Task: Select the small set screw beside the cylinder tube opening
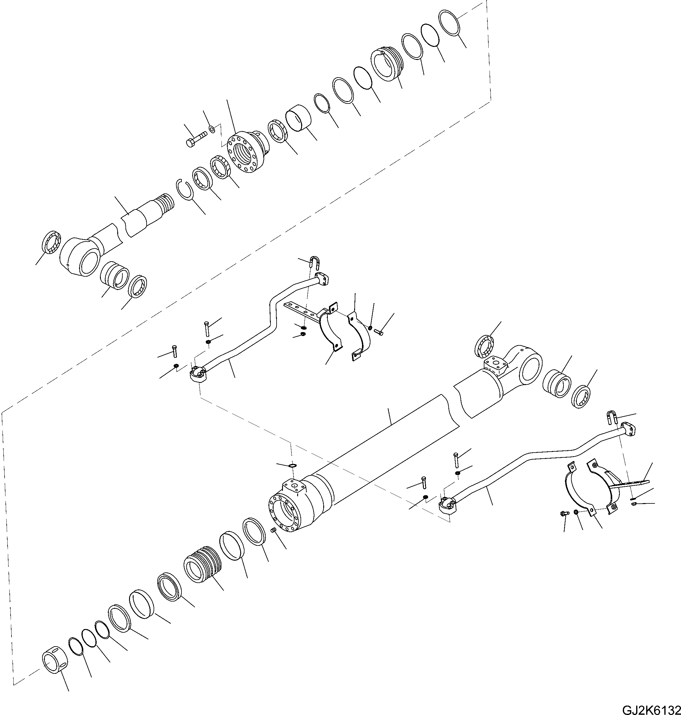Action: tap(274, 530)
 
